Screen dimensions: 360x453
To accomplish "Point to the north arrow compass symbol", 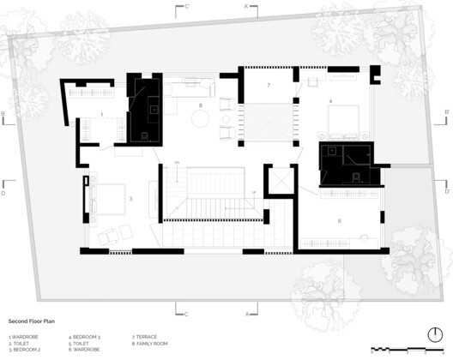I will pos(433,335).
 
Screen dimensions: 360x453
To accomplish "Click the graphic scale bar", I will pos(408,349).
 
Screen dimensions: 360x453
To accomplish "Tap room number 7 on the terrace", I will pos(269,85).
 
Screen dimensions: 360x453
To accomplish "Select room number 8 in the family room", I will pos(201,105).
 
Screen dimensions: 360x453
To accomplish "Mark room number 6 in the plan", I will pos(339,221).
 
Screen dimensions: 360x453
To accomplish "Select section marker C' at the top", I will pos(187,5).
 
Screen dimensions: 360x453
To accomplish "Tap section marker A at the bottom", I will pos(247,314).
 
